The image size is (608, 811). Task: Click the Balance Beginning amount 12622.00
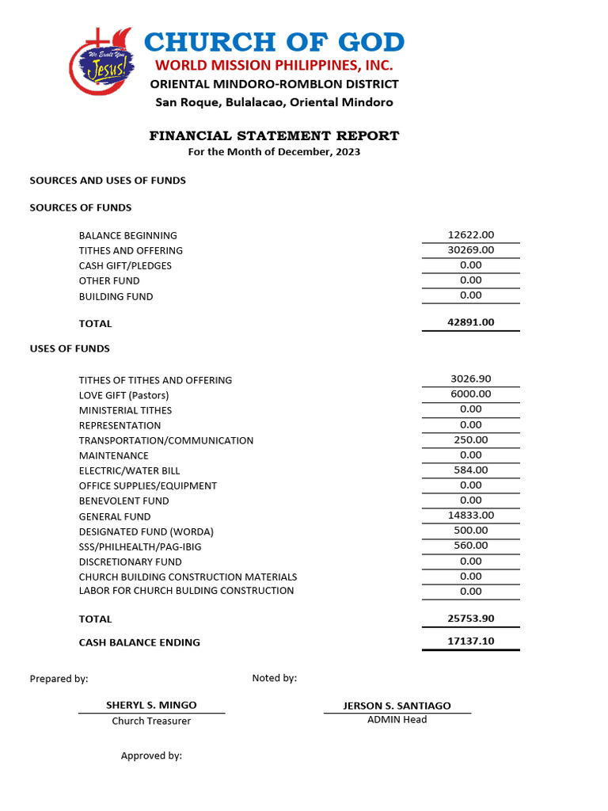(x=470, y=234)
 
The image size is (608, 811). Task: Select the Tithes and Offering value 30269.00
(x=470, y=249)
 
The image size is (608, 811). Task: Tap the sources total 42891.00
(x=470, y=322)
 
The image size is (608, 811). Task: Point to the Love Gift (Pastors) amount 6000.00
(x=470, y=394)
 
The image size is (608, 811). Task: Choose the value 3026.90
(x=470, y=379)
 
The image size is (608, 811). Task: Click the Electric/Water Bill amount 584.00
(x=470, y=470)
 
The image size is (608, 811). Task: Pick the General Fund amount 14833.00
(x=470, y=515)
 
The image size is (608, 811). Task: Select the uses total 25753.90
(x=470, y=618)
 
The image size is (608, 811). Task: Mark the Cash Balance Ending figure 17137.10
(x=470, y=641)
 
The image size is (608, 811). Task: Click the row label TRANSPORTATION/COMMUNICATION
(x=166, y=440)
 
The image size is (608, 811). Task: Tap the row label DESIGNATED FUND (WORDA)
(x=146, y=531)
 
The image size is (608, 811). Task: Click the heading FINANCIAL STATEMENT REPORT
(x=274, y=136)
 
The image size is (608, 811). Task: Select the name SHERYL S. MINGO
(x=151, y=705)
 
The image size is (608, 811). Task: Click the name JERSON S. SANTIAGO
(x=397, y=706)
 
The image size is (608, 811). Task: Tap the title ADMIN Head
(x=397, y=720)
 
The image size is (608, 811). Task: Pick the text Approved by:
(x=151, y=756)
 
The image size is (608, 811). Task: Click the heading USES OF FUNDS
(x=70, y=348)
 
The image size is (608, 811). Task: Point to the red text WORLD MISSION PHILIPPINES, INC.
(x=274, y=65)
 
